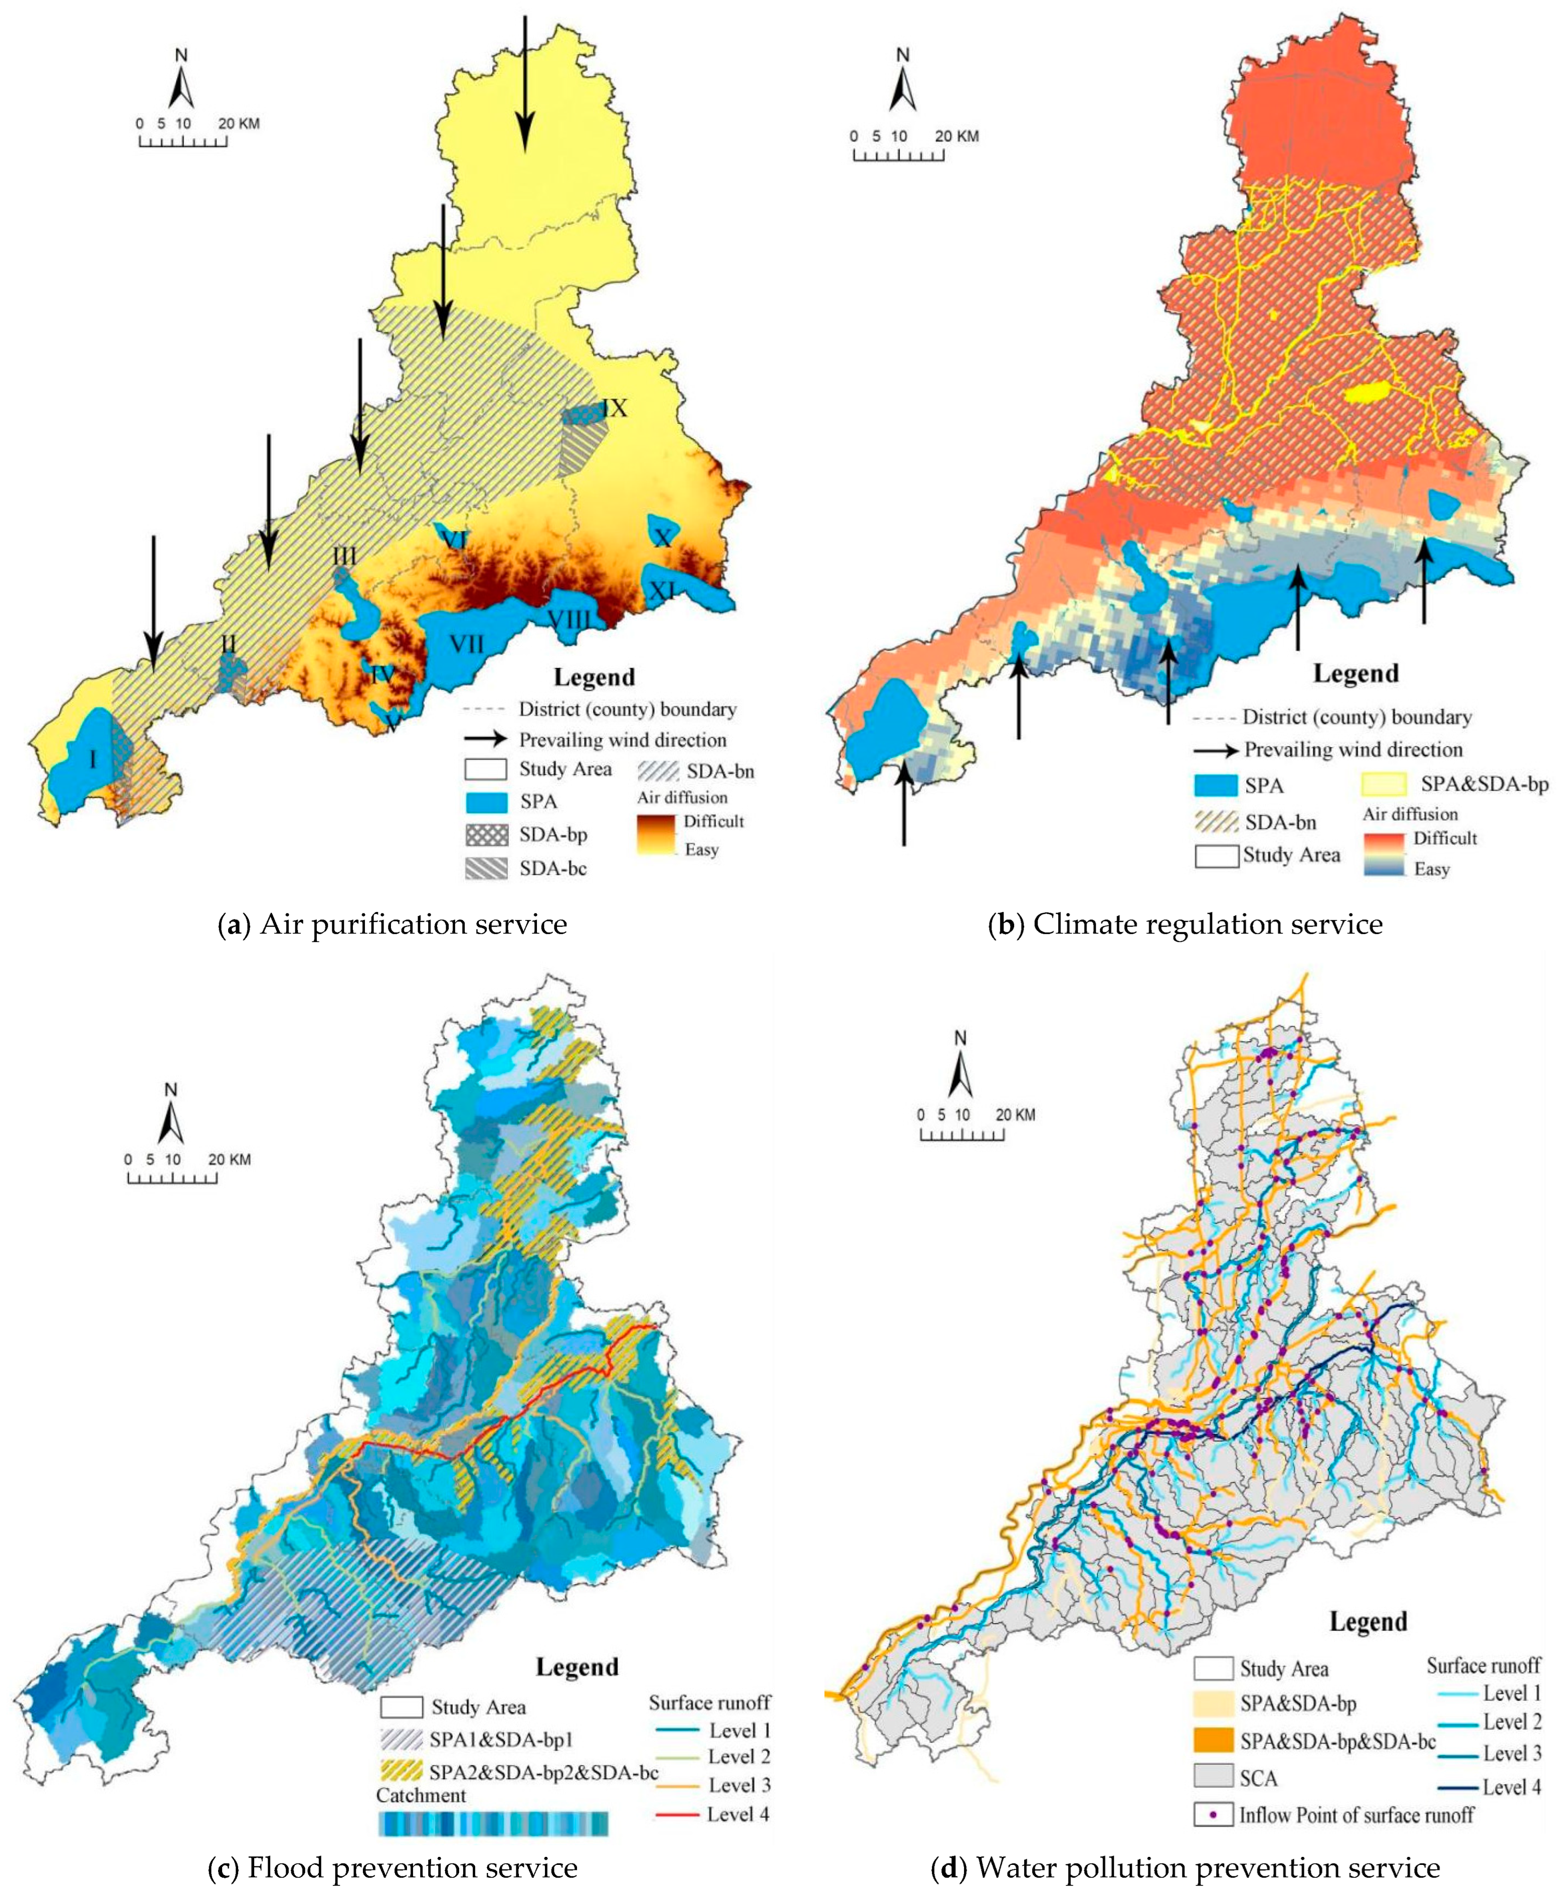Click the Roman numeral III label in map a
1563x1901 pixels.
(x=344, y=555)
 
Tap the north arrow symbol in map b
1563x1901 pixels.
(x=903, y=86)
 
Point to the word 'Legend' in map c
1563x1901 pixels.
(x=577, y=1667)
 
